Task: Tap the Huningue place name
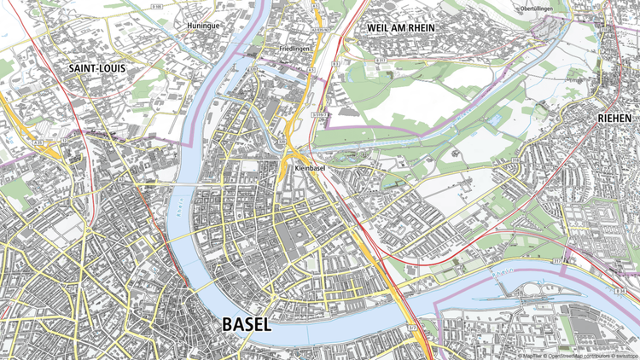click(201, 26)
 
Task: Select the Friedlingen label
click(294, 49)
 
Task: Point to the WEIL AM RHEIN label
click(400, 27)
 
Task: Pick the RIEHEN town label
click(614, 118)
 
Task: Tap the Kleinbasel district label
click(311, 170)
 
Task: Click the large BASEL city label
click(246, 324)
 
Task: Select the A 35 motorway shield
click(39, 143)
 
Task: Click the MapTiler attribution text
click(530, 355)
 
